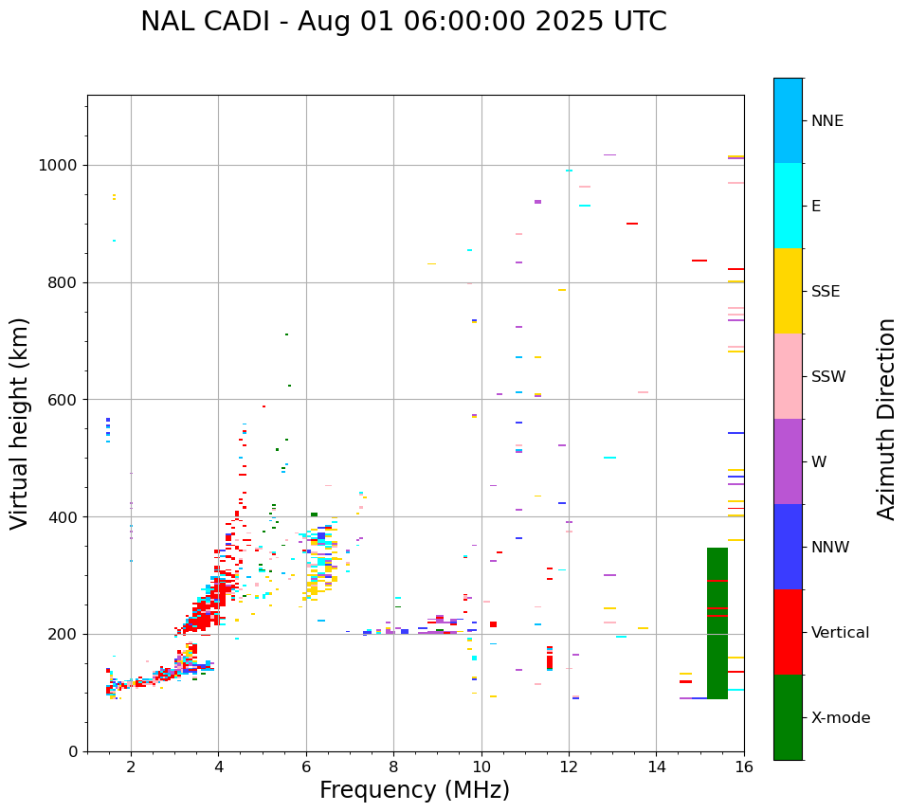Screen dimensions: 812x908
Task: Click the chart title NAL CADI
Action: [403, 22]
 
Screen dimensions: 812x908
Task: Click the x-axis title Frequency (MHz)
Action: [414, 790]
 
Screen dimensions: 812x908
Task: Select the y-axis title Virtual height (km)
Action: [20, 424]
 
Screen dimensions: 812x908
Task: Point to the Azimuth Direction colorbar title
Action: [886, 419]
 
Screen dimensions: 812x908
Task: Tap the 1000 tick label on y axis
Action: [58, 166]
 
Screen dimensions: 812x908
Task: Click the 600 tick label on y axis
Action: [63, 400]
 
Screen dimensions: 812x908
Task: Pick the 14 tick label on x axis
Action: [657, 766]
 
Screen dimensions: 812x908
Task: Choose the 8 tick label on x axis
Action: [393, 766]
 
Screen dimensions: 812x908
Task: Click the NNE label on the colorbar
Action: [826, 121]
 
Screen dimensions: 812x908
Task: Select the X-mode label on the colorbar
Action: [840, 718]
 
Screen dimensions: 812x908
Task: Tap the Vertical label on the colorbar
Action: [840, 633]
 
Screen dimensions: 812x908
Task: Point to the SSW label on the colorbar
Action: [828, 377]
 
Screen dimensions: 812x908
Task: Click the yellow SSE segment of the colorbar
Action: [788, 291]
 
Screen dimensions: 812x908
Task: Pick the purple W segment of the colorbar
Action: [788, 461]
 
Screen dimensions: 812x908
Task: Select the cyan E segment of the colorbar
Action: [788, 206]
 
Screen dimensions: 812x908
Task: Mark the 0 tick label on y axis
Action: [72, 751]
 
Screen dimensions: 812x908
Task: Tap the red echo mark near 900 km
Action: [632, 224]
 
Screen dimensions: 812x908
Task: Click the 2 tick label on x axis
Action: [131, 766]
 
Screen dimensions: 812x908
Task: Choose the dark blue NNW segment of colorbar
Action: [788, 547]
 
